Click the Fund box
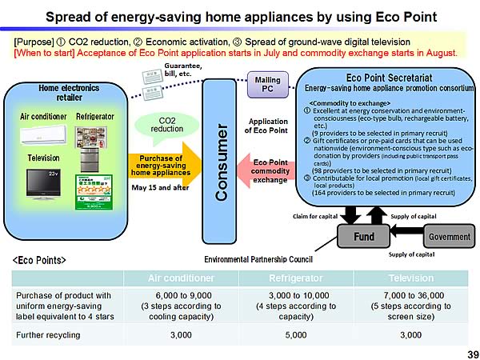click(x=363, y=238)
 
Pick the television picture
click(x=43, y=182)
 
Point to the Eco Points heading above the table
click(x=39, y=261)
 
